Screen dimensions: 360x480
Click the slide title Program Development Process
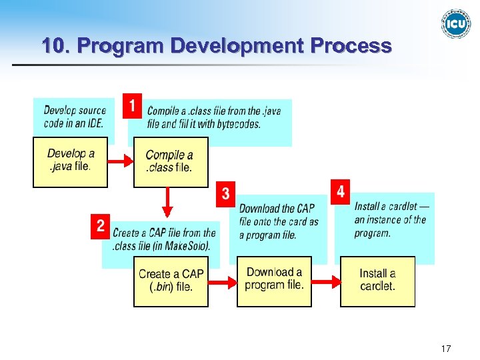(x=216, y=46)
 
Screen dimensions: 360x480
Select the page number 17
(x=446, y=349)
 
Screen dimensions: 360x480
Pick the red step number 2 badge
(x=100, y=226)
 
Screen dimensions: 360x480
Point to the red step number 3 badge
(x=226, y=194)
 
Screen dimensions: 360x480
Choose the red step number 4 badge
(x=341, y=192)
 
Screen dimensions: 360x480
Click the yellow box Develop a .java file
(x=70, y=161)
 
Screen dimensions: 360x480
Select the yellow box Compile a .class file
(x=171, y=162)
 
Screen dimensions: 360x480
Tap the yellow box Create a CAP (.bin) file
(x=171, y=281)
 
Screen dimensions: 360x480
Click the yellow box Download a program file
(x=274, y=279)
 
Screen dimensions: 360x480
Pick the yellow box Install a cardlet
(x=377, y=281)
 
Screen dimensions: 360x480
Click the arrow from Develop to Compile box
(x=121, y=162)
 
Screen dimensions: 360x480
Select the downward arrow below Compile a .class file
(x=167, y=202)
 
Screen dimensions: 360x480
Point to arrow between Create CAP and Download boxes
(x=223, y=283)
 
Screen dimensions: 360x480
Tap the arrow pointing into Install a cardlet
(x=326, y=283)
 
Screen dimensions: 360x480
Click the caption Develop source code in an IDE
(x=75, y=117)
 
